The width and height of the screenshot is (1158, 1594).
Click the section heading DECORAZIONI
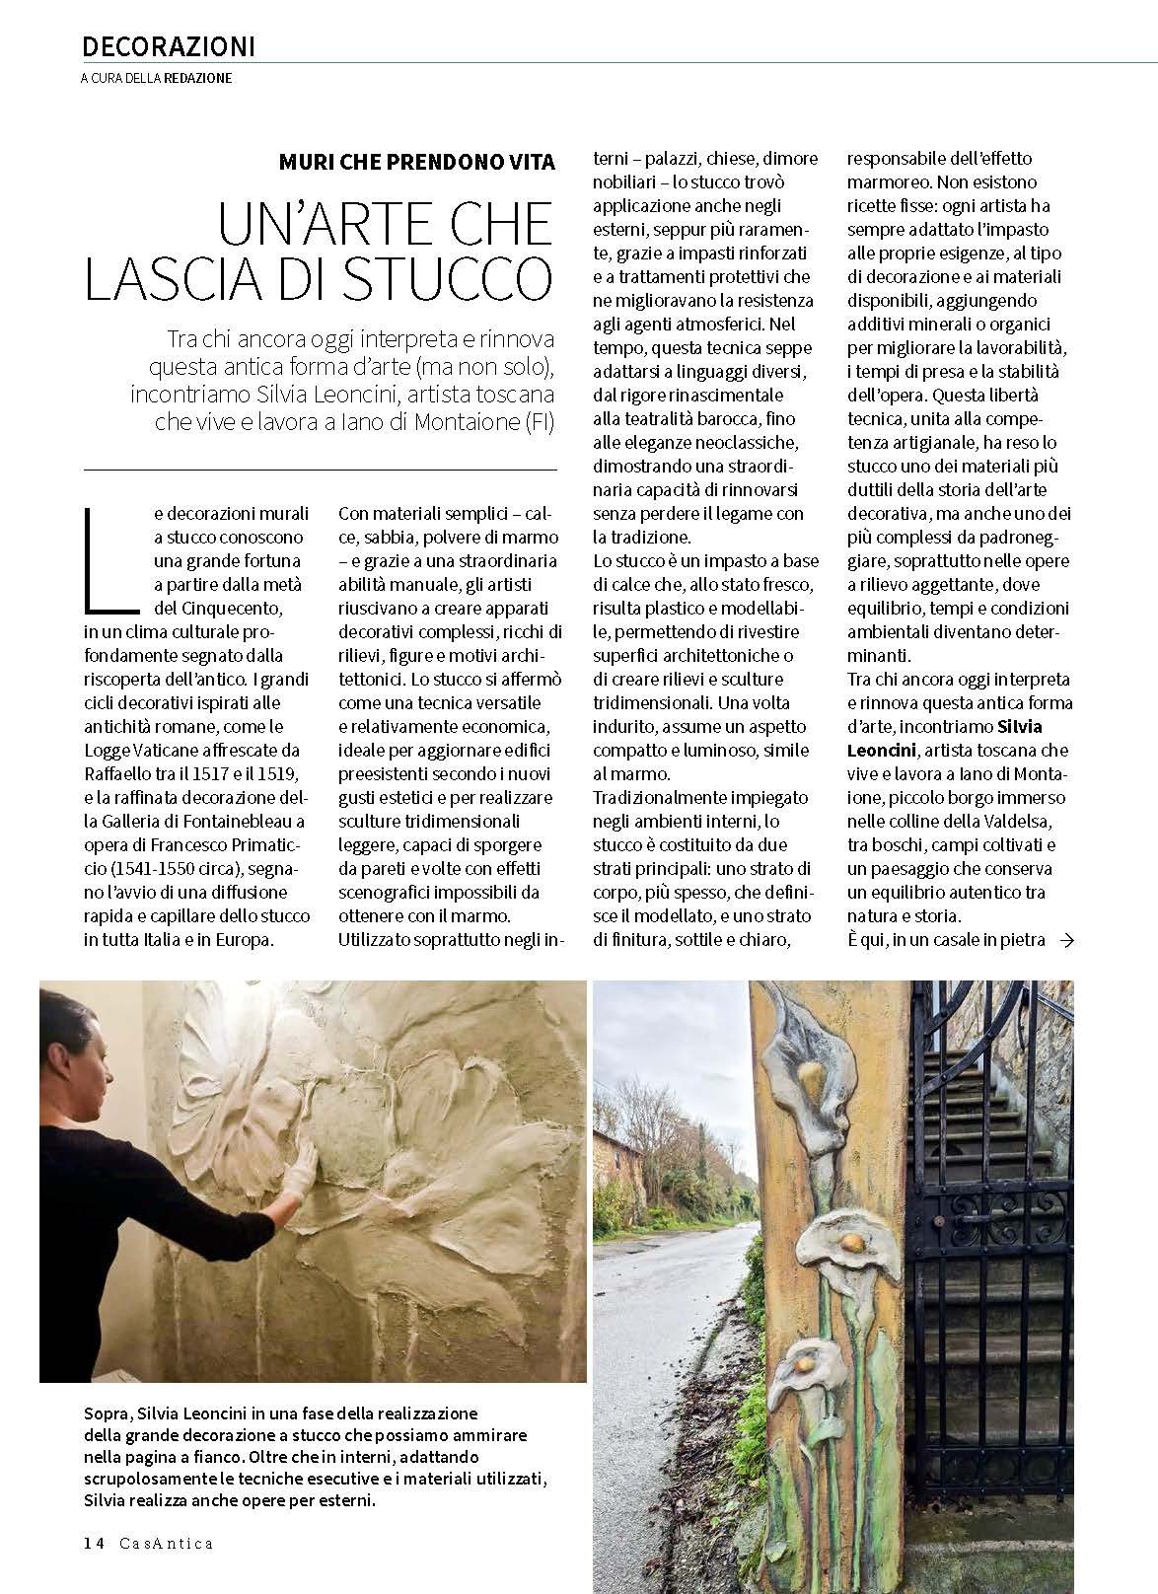(x=169, y=46)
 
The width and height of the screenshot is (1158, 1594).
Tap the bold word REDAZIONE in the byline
(x=198, y=78)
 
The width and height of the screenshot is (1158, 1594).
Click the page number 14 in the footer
(x=94, y=1543)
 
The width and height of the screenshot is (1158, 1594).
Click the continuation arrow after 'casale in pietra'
(x=1065, y=940)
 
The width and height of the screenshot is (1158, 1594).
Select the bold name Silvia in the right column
(x=1020, y=727)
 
